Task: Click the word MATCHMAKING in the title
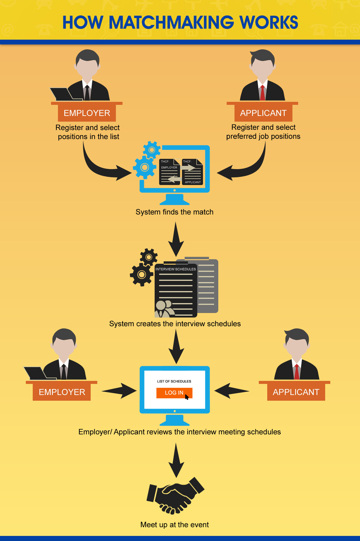click(171, 23)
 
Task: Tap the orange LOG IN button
click(174, 393)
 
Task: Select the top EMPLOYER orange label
click(87, 113)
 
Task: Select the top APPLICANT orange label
click(263, 113)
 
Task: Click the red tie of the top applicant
click(262, 93)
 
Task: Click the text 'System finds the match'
click(174, 212)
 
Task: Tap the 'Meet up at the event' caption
click(174, 525)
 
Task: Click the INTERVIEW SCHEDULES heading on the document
click(176, 269)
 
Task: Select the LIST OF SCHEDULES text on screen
click(174, 381)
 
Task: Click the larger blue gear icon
click(144, 167)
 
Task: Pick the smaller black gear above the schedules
click(149, 257)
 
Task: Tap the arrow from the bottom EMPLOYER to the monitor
click(119, 391)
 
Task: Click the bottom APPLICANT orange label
click(296, 392)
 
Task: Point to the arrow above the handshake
click(176, 460)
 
